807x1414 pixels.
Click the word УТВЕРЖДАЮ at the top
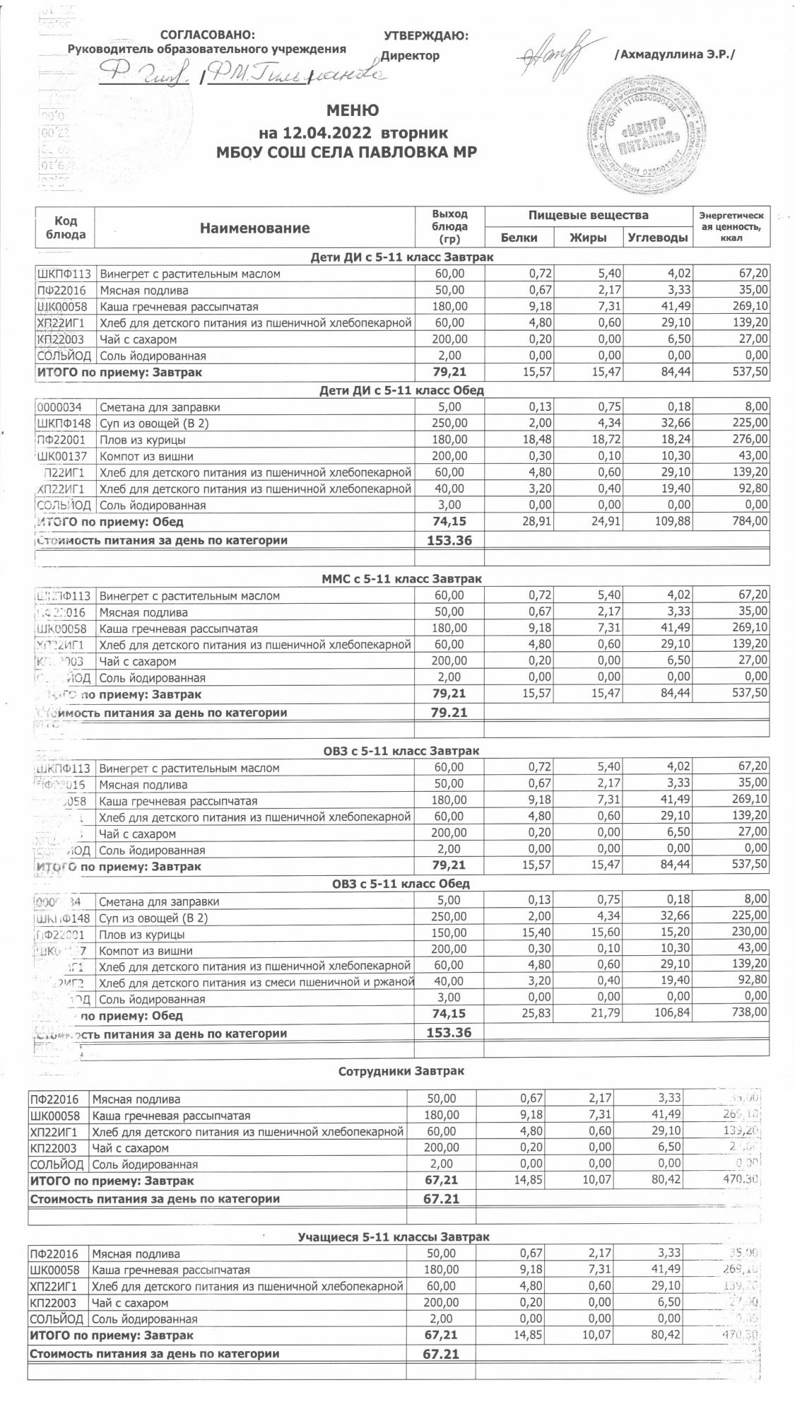click(x=425, y=35)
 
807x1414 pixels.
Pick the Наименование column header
click(x=254, y=228)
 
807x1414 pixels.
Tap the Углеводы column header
click(x=657, y=238)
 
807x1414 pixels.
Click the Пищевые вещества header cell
click(x=588, y=215)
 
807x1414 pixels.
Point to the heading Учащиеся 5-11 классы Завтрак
click(x=394, y=1237)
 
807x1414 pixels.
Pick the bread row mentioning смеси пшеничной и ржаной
click(x=257, y=983)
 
